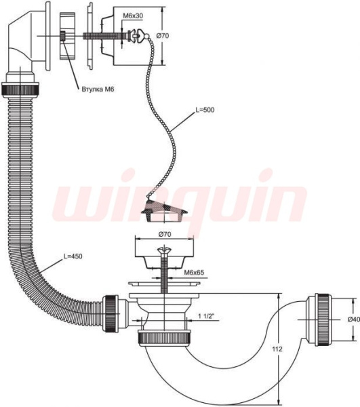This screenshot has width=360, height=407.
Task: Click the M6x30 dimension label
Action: [132, 16]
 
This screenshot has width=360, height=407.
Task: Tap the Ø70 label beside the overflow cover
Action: [163, 35]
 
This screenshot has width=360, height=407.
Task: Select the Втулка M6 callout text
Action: [98, 90]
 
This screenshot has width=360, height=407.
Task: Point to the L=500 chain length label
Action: [205, 110]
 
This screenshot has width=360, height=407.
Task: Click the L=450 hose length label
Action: [73, 256]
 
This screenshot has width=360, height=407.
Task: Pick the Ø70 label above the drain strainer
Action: [165, 234]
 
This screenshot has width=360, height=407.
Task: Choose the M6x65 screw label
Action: [194, 273]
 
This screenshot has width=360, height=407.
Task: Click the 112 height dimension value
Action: [277, 349]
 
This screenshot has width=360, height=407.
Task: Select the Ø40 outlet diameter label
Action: [353, 319]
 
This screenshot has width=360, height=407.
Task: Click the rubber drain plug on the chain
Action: [165, 211]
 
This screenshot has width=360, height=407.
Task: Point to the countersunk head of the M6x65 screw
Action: [165, 250]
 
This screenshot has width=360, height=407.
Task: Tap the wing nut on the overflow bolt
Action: [138, 35]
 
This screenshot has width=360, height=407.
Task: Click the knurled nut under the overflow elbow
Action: [20, 90]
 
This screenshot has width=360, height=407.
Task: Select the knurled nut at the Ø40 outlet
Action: [322, 319]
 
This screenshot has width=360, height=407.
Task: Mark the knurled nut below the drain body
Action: [165, 338]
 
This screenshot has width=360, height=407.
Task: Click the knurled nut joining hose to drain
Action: [111, 314]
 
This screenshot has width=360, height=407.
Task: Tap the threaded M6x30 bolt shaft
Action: [105, 36]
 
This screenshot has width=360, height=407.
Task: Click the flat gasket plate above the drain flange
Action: [165, 283]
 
